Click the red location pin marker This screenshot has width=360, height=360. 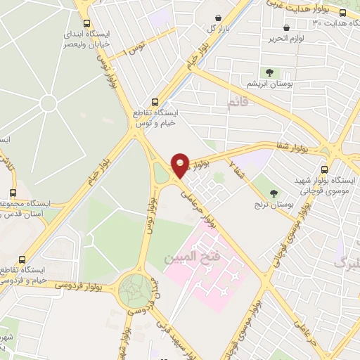(181, 165)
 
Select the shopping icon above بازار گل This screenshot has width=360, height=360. (219, 17)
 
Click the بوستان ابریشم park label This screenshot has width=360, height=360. (271, 84)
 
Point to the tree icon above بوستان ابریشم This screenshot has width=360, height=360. (270, 72)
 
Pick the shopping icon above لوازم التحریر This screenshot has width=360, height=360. (287, 27)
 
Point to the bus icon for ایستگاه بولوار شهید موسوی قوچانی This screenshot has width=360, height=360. (324, 169)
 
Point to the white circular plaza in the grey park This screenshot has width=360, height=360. (48, 104)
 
